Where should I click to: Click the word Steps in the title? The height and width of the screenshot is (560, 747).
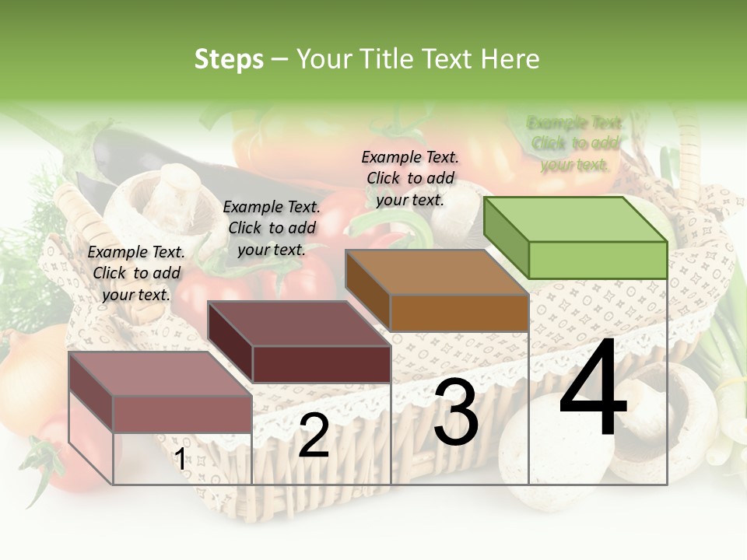(229, 59)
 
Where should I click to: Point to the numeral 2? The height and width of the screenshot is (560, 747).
(314, 436)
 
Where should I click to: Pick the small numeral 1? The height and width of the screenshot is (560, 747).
(180, 460)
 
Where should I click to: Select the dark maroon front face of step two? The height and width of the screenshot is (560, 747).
(321, 364)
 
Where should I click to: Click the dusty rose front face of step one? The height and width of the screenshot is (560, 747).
(182, 414)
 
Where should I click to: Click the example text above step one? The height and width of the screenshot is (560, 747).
(136, 273)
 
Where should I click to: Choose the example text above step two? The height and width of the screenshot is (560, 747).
(272, 228)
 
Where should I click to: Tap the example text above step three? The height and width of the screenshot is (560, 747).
(410, 178)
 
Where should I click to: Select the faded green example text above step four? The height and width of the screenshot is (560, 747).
(575, 143)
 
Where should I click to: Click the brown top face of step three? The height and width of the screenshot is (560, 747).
(436, 272)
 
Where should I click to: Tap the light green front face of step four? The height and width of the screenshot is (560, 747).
(598, 260)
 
